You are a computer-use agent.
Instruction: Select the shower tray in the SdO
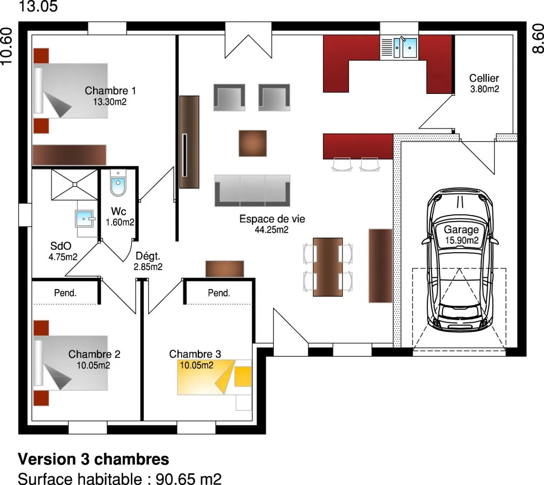click(x=75, y=184)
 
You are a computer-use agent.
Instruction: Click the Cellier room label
click(x=484, y=78)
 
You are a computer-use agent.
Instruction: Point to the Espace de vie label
click(x=272, y=219)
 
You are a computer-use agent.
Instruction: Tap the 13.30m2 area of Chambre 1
click(x=110, y=102)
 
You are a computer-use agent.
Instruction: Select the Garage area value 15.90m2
click(x=462, y=240)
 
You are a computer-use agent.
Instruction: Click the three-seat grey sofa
click(x=252, y=191)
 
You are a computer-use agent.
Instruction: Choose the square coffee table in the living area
click(x=253, y=143)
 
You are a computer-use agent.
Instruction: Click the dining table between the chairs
click(x=327, y=267)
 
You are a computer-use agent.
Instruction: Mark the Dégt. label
click(x=148, y=256)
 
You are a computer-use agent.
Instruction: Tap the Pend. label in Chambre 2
click(x=65, y=293)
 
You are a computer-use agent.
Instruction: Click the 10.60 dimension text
click(x=7, y=47)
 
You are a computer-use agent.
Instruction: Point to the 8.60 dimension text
click(x=538, y=39)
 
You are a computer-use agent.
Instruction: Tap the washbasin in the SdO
click(x=85, y=219)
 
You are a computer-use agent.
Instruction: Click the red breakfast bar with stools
click(x=358, y=146)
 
